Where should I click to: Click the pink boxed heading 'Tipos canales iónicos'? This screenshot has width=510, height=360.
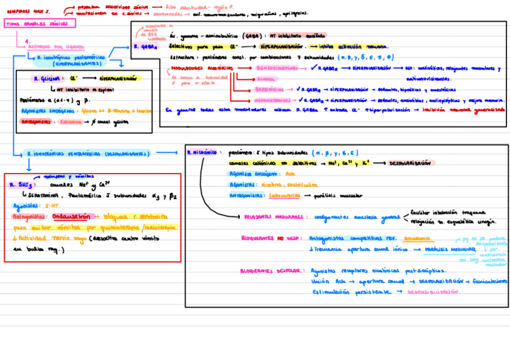coord(40,23)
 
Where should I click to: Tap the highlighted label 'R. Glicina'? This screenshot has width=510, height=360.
coord(46,78)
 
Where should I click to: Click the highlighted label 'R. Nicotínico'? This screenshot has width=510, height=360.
coord(201,153)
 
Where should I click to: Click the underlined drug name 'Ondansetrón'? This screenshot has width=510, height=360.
coord(71,216)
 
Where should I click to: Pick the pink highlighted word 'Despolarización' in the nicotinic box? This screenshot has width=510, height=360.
coord(410,163)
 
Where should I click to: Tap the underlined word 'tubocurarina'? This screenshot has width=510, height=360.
coord(285,195)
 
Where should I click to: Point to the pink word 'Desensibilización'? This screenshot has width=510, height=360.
coord(434,291)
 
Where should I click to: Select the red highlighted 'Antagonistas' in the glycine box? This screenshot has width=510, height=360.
coord(35,121)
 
